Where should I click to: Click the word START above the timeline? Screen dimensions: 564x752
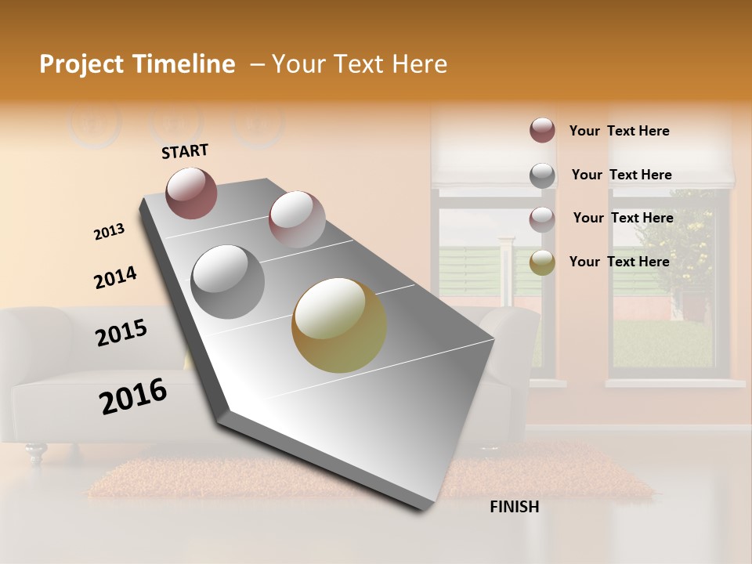pos(185,150)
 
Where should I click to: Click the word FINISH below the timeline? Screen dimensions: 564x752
pos(514,507)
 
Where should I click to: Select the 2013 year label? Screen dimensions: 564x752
pos(109,232)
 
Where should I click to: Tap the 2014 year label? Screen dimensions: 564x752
pos(115,277)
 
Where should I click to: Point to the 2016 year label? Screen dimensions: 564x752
pos(133,396)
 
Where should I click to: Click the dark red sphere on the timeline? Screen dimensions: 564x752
pos(192,192)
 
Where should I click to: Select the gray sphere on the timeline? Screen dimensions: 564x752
pos(228,281)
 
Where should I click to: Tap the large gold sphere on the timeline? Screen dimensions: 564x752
pos(339,324)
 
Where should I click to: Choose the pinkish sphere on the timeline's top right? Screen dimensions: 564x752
pos(297,219)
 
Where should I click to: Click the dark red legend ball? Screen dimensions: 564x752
pos(542,130)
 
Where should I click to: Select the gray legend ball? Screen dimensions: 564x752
pos(542,175)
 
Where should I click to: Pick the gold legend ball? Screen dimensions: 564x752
pos(542,262)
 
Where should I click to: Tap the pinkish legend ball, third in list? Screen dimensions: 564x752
pos(542,219)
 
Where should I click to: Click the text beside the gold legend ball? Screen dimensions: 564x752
pos(619,262)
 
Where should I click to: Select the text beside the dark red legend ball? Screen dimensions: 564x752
pos(619,131)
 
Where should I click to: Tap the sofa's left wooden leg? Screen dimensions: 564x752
pos(34,452)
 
